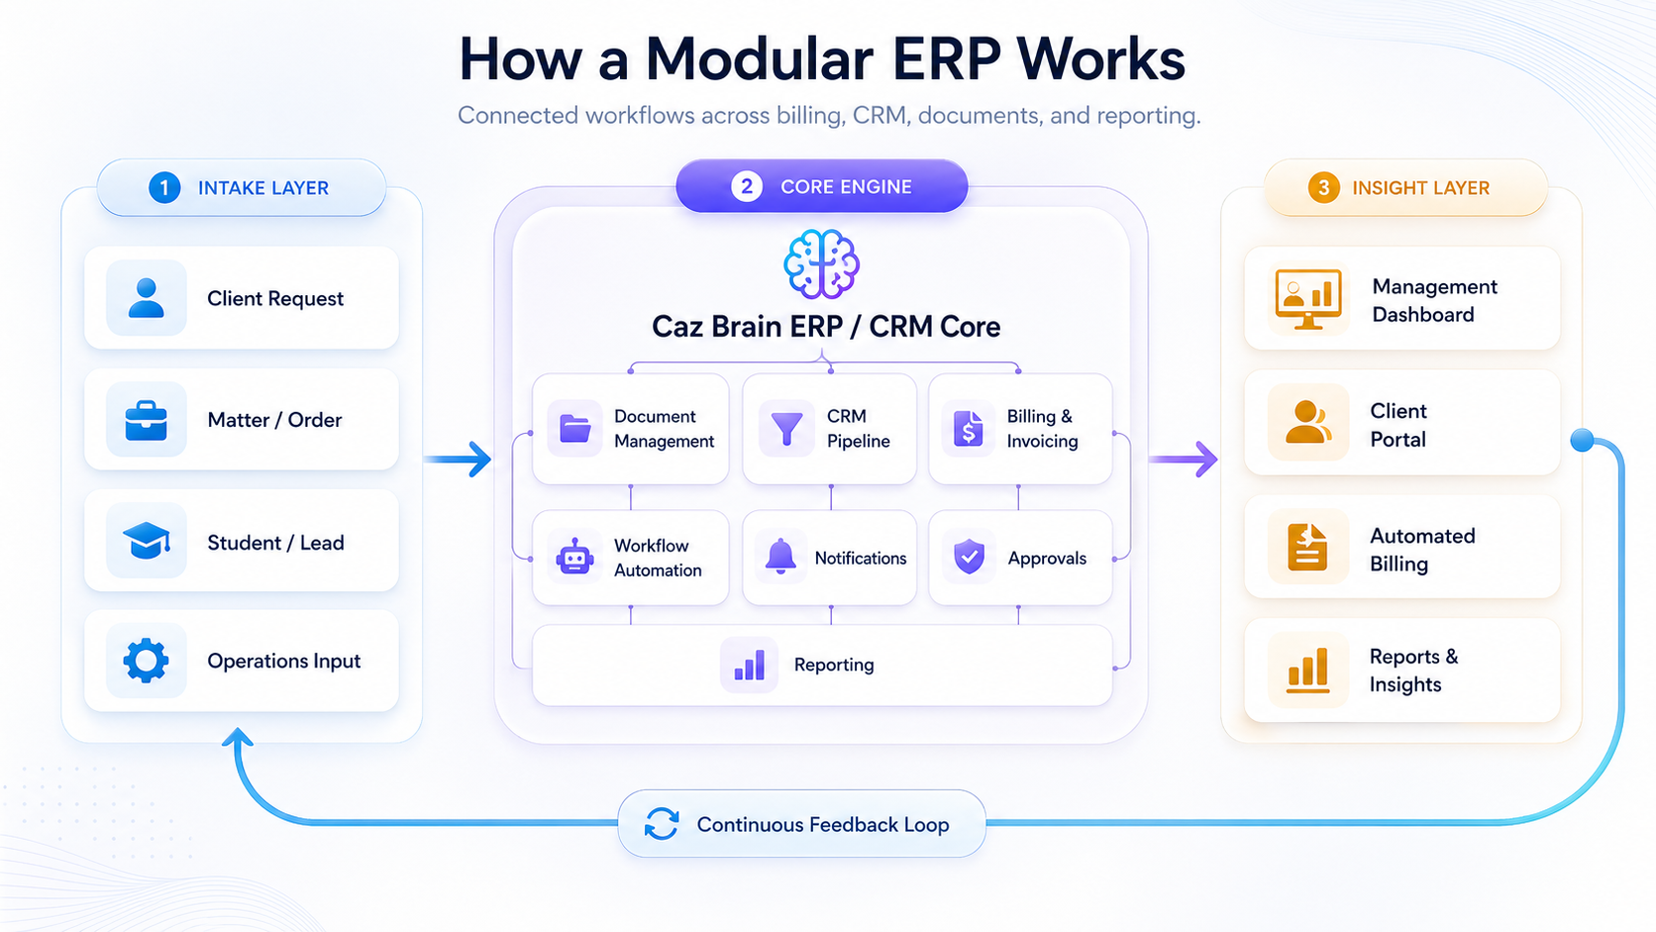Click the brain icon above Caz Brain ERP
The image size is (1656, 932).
click(x=821, y=263)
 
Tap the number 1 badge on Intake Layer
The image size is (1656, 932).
click(x=164, y=187)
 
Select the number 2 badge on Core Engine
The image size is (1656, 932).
click(x=747, y=186)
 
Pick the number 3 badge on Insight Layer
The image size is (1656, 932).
click(x=1323, y=187)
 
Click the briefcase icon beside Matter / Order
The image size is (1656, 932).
click(x=147, y=420)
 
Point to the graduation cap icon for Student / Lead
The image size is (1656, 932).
click(x=147, y=541)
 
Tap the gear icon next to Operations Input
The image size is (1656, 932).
click(x=147, y=660)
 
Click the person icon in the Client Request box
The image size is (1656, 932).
click(x=147, y=298)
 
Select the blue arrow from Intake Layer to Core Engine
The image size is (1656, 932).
click(x=460, y=459)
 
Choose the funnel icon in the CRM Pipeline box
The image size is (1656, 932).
click(x=786, y=429)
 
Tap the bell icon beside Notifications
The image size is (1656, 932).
click(x=780, y=557)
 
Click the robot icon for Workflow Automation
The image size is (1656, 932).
click(x=574, y=557)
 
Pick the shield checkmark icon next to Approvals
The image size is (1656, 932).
click(x=969, y=557)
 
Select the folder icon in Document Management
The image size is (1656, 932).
click(x=574, y=429)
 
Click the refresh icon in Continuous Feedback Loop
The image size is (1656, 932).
click(x=662, y=824)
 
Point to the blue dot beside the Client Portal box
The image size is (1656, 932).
click(x=1583, y=441)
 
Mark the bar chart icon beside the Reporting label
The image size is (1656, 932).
click(x=749, y=665)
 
